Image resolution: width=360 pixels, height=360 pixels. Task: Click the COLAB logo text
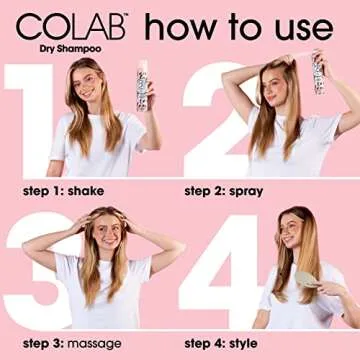pyautogui.click(x=62, y=23)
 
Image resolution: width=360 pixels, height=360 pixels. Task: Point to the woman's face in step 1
pyautogui.click(x=88, y=83)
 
